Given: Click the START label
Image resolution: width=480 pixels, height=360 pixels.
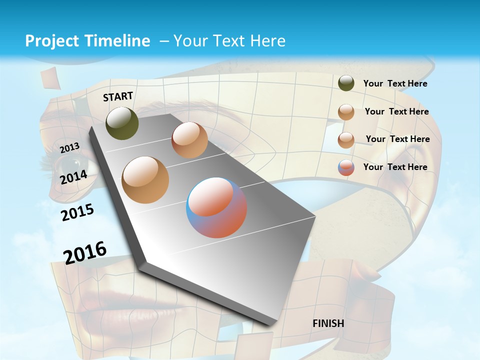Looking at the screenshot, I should (118, 96).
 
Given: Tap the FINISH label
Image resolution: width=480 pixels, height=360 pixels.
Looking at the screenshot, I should (328, 323).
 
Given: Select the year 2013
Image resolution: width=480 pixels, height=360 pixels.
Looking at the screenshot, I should (69, 147).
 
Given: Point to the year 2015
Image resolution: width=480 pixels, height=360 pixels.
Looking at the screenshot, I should (77, 212).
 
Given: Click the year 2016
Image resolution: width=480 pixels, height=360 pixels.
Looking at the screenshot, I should (85, 252).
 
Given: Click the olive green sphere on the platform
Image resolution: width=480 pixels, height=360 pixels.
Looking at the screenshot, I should (122, 123).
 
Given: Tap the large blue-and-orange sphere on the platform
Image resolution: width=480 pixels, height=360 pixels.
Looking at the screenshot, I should (216, 207).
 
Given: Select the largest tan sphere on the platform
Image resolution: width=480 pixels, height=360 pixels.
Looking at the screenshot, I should (145, 179).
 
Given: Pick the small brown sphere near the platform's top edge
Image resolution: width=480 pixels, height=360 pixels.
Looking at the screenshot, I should (189, 140).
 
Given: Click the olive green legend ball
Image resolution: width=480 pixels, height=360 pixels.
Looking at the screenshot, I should (346, 83).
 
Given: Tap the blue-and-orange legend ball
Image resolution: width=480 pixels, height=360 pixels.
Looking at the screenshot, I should (346, 167).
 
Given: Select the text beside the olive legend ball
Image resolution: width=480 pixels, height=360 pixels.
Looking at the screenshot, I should (395, 83).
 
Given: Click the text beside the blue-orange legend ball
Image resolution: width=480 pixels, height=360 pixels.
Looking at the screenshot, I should (395, 167).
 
